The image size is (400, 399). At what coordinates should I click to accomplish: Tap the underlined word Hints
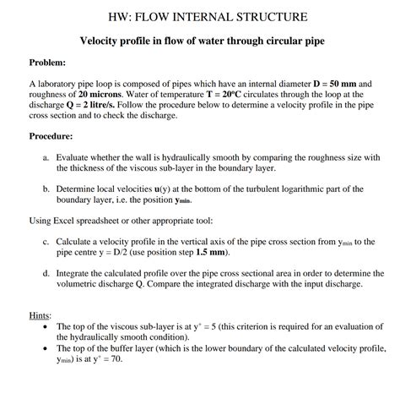coord(39,315)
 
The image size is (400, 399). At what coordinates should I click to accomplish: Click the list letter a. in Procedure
coord(45,157)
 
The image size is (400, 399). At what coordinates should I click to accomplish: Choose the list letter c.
coord(45,241)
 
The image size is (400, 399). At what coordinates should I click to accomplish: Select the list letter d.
coord(45,274)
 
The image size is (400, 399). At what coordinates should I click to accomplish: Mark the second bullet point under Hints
coord(44,348)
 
